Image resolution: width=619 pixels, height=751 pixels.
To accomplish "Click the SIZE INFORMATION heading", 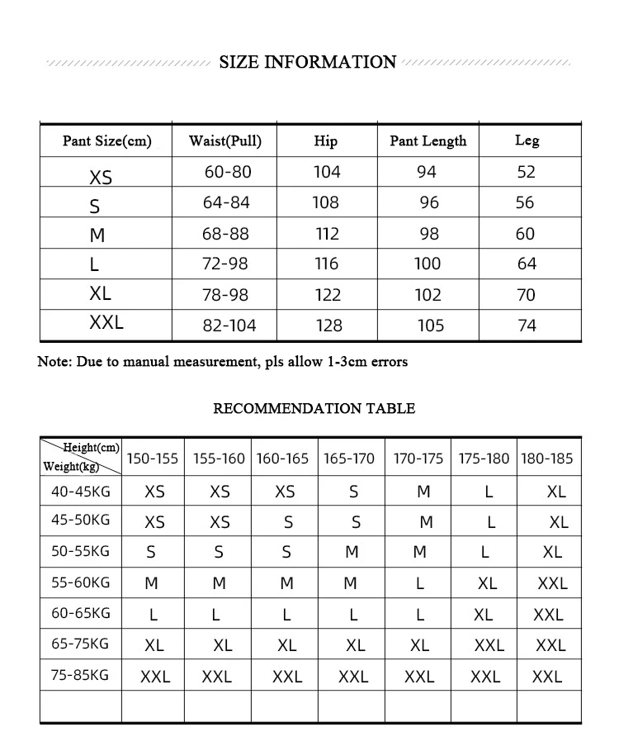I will pyautogui.click(x=308, y=63).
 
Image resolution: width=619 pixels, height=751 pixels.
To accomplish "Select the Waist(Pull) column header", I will pyautogui.click(x=225, y=140).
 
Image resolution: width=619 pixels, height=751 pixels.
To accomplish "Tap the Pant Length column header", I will pyautogui.click(x=428, y=141).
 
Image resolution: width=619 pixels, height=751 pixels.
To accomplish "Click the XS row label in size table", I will pyautogui.click(x=101, y=177).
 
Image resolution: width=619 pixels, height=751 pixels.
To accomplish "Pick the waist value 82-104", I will pyautogui.click(x=229, y=326).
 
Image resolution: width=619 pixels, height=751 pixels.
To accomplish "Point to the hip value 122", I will pyautogui.click(x=327, y=295).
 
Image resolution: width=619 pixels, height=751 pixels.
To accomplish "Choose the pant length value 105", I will pyautogui.click(x=430, y=326).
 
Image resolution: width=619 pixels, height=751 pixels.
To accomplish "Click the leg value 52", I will pyautogui.click(x=526, y=172).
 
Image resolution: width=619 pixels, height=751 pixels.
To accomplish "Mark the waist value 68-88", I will pyautogui.click(x=225, y=234).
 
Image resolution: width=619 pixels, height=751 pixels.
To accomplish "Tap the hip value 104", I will pyautogui.click(x=327, y=172).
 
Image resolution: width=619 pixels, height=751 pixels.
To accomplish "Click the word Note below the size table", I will pyautogui.click(x=54, y=362).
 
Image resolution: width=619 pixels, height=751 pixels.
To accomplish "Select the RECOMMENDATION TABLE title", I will pyautogui.click(x=314, y=408).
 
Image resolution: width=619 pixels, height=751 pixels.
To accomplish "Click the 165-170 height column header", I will pyautogui.click(x=349, y=459).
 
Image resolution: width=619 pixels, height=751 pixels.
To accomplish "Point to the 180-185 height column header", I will pyautogui.click(x=546, y=459).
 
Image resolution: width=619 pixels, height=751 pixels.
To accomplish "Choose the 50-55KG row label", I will pyautogui.click(x=80, y=551).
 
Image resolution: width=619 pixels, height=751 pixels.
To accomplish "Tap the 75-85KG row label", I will pyautogui.click(x=80, y=675).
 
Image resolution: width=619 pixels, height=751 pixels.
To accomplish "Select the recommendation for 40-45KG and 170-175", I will pyautogui.click(x=423, y=492).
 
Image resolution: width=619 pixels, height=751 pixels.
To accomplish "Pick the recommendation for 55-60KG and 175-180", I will pyautogui.click(x=487, y=583).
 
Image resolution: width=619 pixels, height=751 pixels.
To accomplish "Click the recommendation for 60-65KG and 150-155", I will pyautogui.click(x=153, y=615).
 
